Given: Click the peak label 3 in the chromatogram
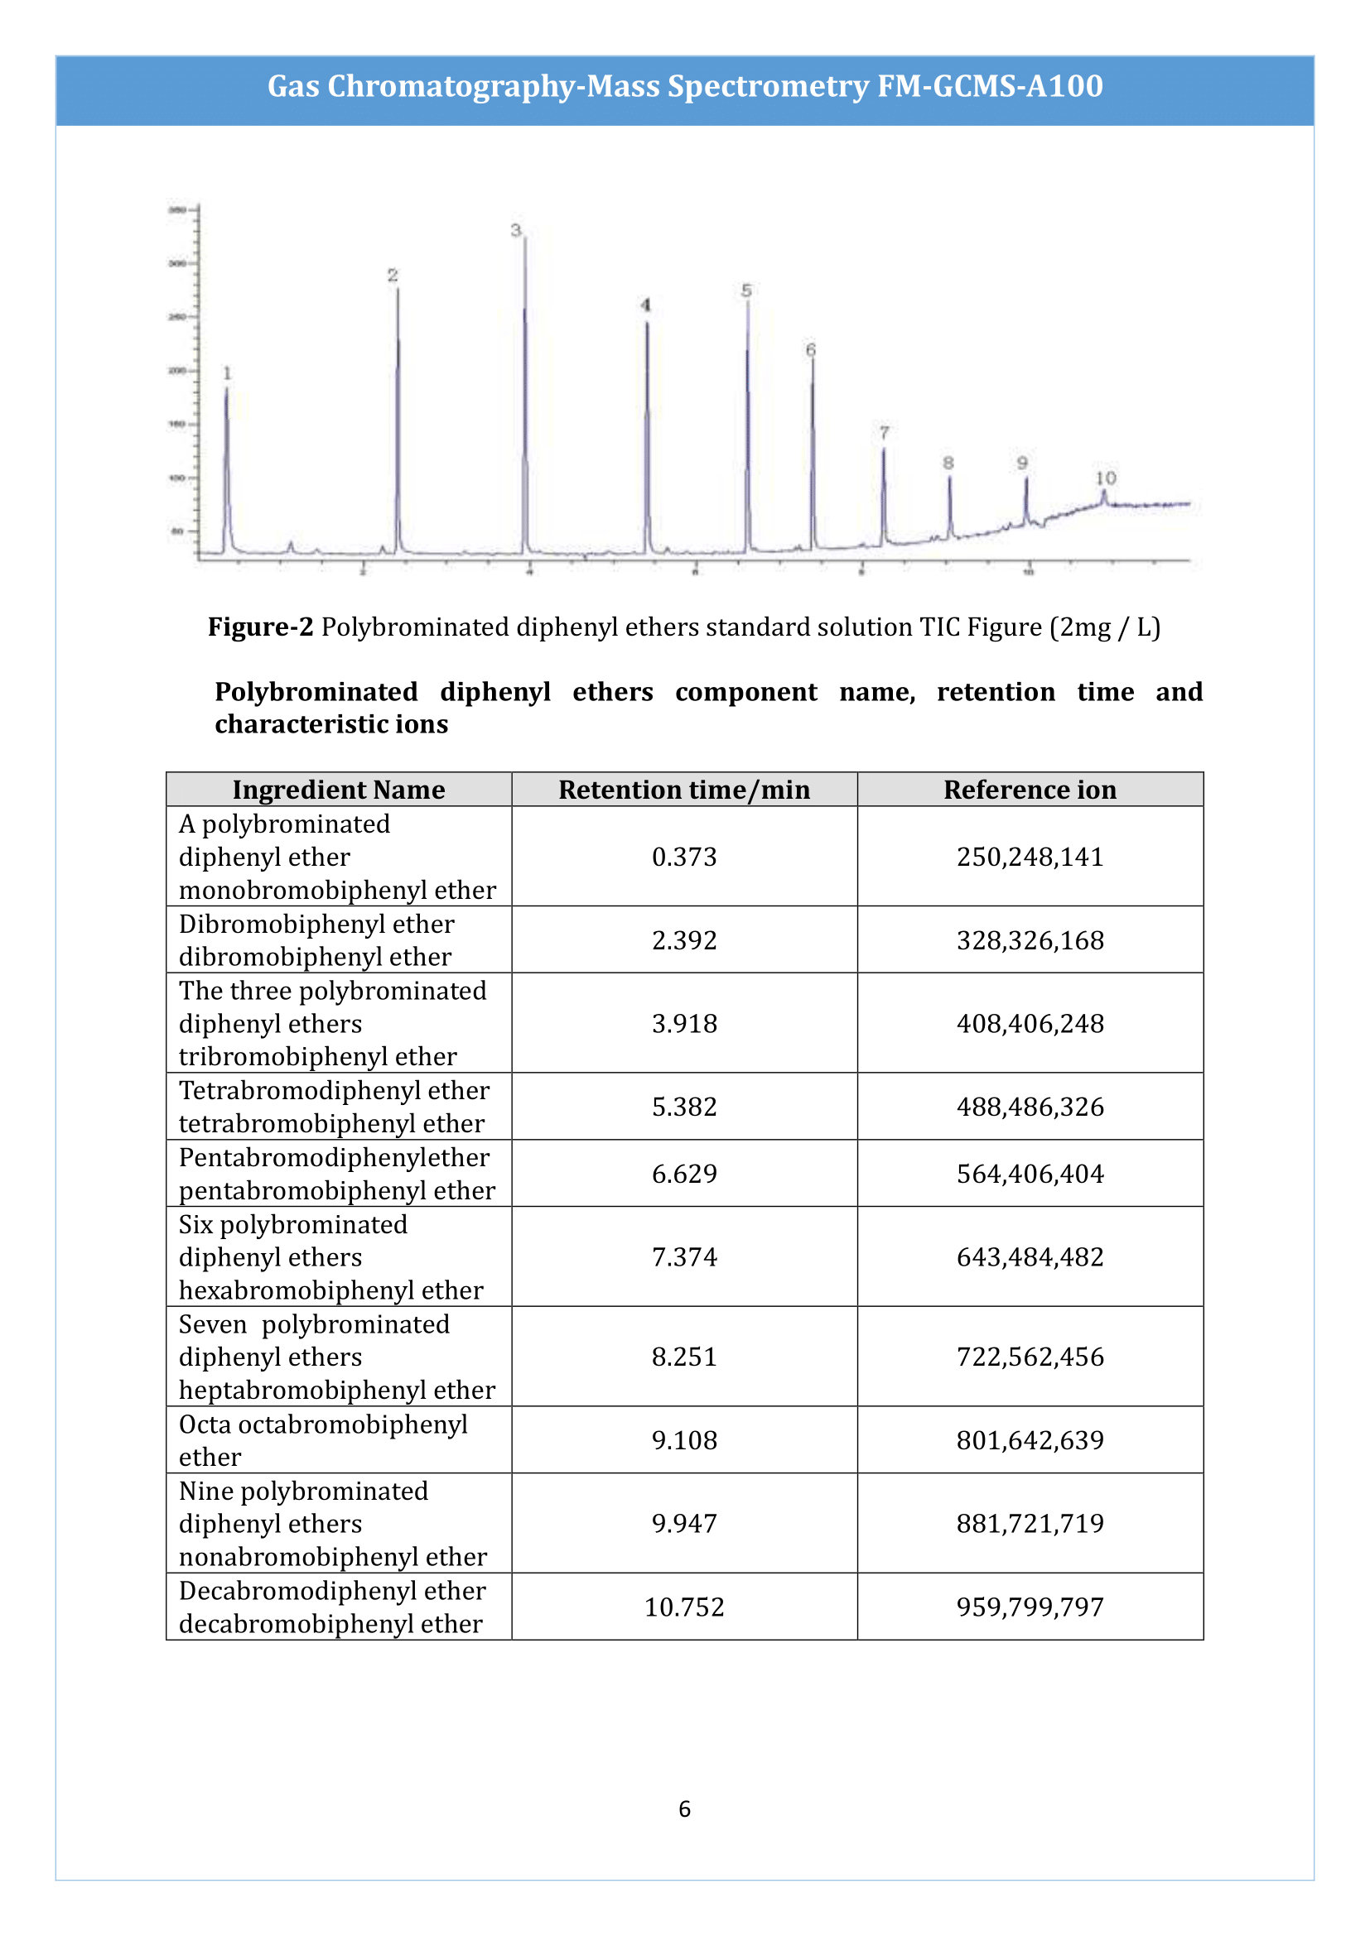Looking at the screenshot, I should [x=515, y=230].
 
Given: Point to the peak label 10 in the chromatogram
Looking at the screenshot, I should [x=1105, y=478].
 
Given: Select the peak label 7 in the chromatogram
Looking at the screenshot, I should [x=884, y=433].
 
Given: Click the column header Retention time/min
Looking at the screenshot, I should [x=684, y=790].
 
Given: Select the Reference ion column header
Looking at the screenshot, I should [x=1030, y=790].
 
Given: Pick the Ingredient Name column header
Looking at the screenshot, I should [x=338, y=790].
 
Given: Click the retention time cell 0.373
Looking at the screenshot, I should [x=684, y=857].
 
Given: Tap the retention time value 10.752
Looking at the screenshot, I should [x=684, y=1607].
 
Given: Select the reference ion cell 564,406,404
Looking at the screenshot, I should [x=1030, y=1174].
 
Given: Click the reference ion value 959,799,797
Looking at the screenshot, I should [x=1030, y=1607].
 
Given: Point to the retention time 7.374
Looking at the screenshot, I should [x=684, y=1256].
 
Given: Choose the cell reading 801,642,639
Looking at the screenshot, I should [x=1030, y=1440].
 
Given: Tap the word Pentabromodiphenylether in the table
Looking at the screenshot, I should [x=333, y=1158].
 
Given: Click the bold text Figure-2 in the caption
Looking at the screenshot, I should [x=260, y=627].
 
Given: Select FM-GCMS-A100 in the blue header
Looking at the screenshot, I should [x=990, y=86].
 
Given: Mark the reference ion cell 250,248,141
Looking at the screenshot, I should [x=1030, y=857].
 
